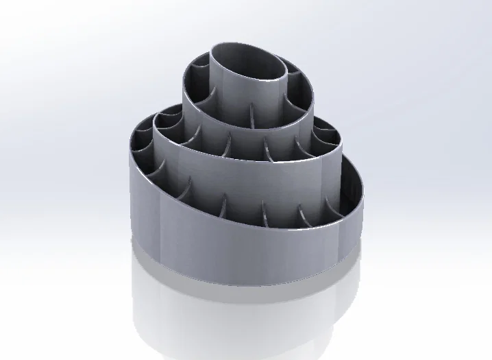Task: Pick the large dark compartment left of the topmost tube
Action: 199,89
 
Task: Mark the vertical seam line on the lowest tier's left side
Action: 159,219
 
